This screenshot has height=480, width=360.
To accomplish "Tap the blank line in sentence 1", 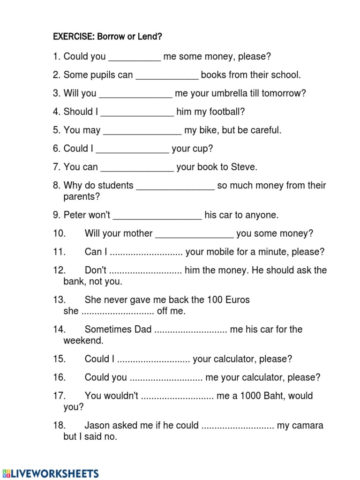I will coord(135,58).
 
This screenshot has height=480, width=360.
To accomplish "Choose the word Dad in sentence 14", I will coord(142,330).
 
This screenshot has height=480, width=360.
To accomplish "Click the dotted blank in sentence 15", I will coord(153,360).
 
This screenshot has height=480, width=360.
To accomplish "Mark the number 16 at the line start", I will coord(59,377).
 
